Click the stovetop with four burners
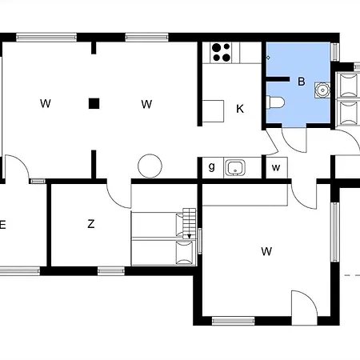[x=221, y=53]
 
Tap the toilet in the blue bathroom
[x=275, y=102]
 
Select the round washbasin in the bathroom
[x=322, y=90]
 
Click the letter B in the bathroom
[x=302, y=82]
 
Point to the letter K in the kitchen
[x=240, y=109]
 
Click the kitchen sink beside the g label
[x=235, y=167]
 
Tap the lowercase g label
[x=211, y=167]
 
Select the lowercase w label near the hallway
[x=276, y=168]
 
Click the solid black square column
[x=94, y=103]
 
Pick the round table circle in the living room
[x=150, y=166]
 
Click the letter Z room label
[x=91, y=224]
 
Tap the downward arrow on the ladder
[x=189, y=236]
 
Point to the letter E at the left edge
[x=2, y=225]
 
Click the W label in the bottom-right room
[x=266, y=251]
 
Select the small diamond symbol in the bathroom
[x=268, y=58]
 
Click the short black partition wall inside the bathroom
[x=278, y=79]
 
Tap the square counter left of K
[x=213, y=111]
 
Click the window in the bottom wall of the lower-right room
[x=234, y=321]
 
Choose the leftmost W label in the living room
[x=46, y=103]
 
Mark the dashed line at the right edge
[x=352, y=275]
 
